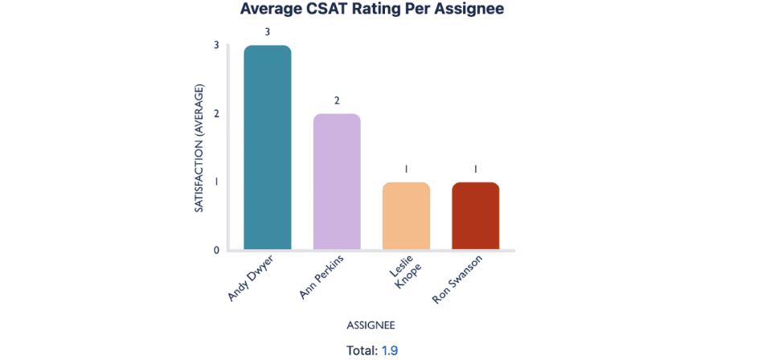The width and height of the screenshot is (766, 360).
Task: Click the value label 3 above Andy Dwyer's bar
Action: point(268,32)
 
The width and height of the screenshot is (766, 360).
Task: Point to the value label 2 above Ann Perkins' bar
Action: point(337,100)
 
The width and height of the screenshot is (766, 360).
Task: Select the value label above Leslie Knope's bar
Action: point(406,170)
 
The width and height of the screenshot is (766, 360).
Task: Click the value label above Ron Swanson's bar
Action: point(475,170)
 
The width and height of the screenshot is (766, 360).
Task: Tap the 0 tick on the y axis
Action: point(216,250)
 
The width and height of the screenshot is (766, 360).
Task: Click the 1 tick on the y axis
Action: point(216,182)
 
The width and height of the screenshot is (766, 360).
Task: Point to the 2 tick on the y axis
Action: point(216,113)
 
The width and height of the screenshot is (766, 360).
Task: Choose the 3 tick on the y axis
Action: point(216,45)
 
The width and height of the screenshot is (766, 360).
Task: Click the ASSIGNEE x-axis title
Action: point(371,325)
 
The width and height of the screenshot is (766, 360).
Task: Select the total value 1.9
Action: point(390,350)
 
